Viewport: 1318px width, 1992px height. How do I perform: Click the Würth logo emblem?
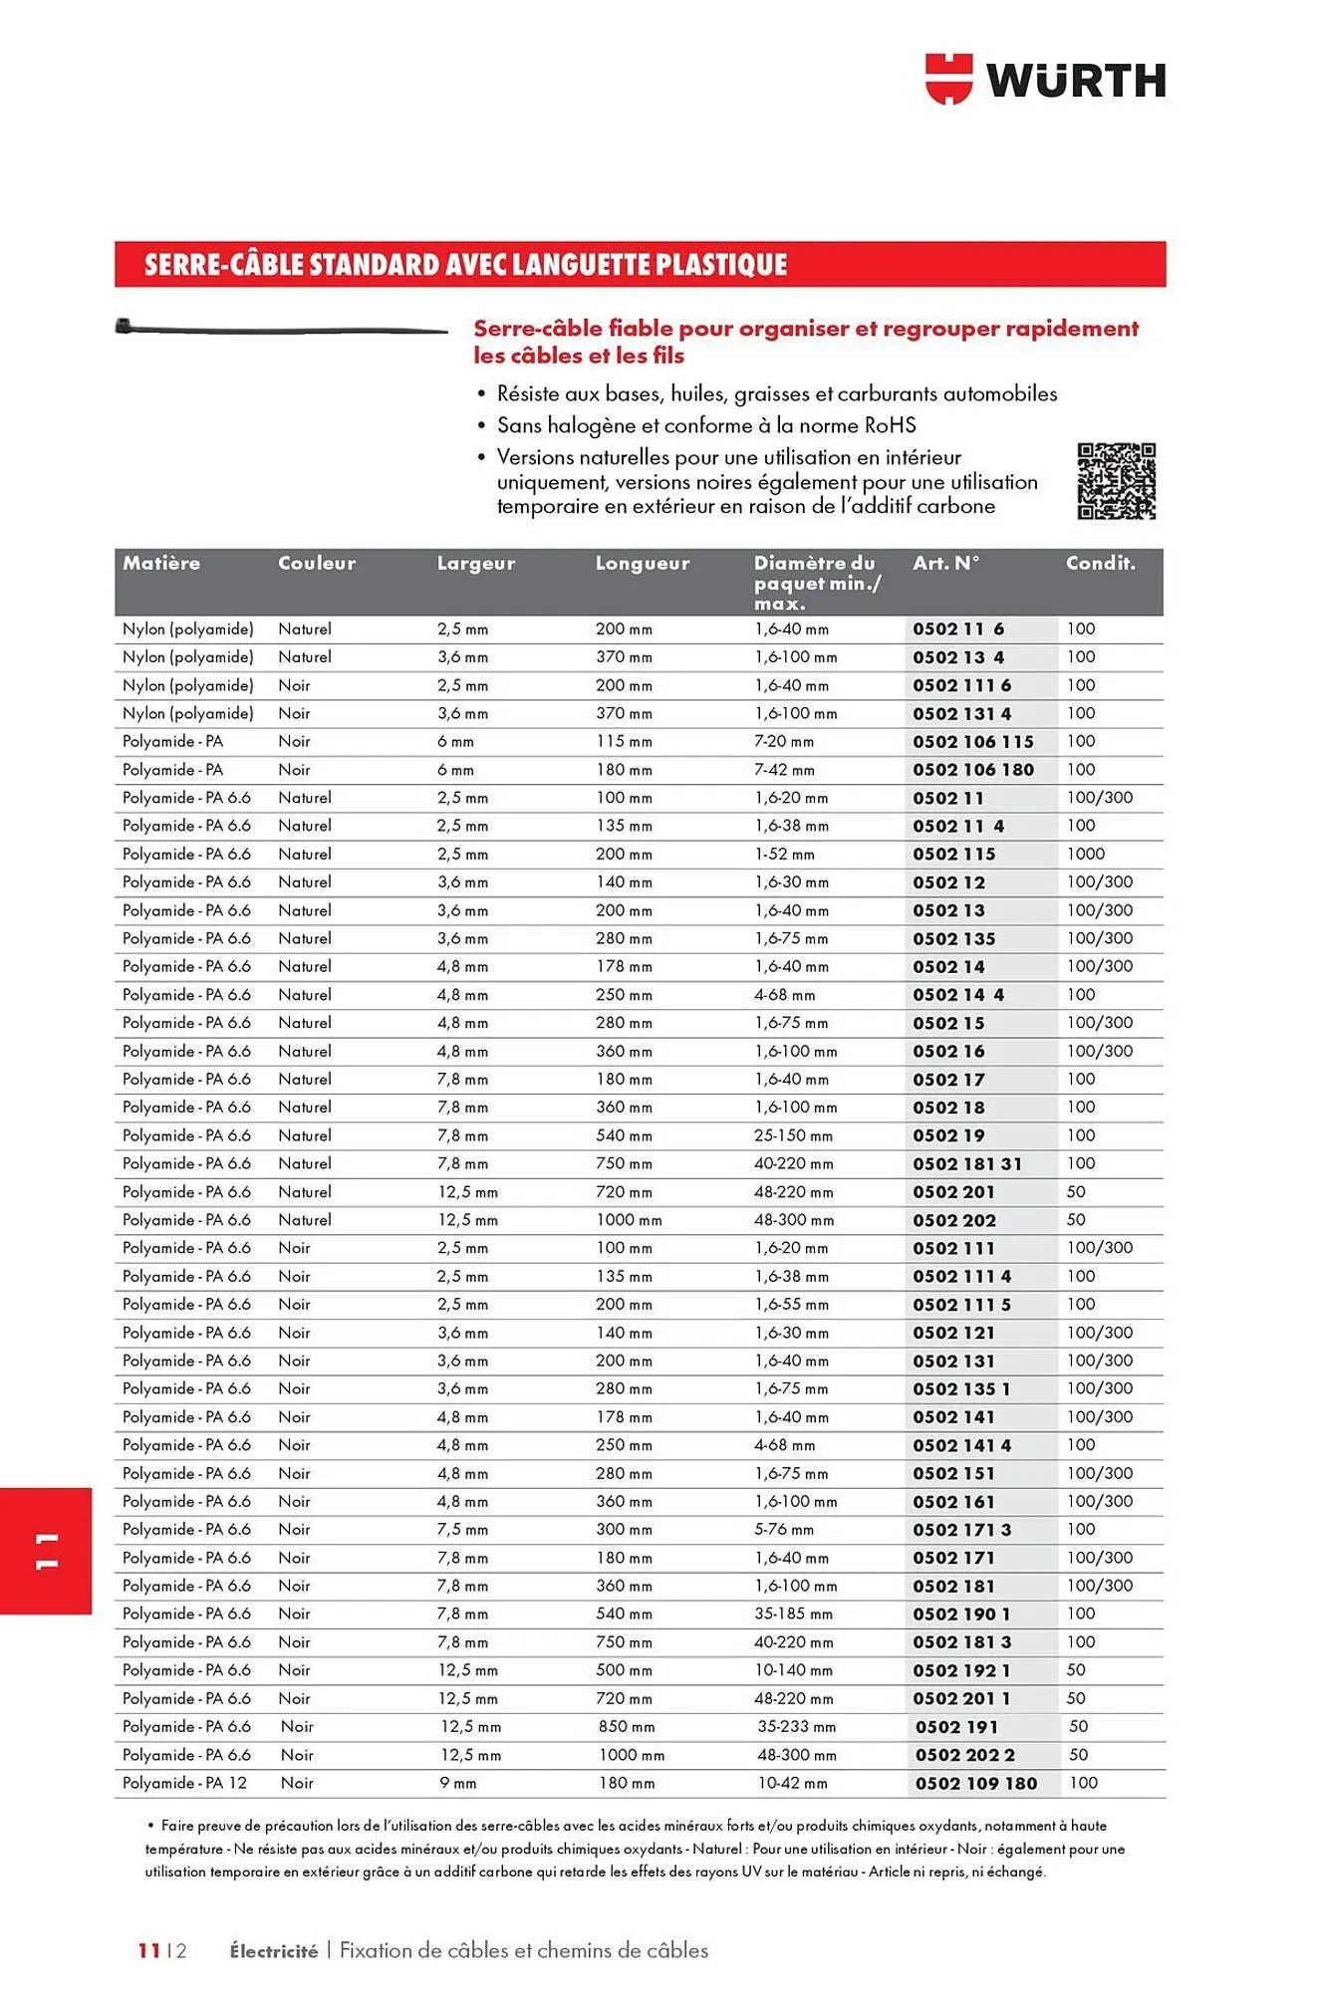tap(947, 79)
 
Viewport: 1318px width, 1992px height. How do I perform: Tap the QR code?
tap(1116, 481)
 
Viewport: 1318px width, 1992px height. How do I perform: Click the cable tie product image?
tap(281, 328)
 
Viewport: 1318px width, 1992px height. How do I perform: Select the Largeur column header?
tap(476, 564)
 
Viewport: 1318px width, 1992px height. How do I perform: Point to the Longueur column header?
tap(643, 564)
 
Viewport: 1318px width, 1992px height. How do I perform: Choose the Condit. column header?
tap(1100, 564)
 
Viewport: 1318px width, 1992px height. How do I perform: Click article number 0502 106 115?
tap(973, 742)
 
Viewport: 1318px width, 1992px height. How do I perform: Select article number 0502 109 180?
tap(976, 1784)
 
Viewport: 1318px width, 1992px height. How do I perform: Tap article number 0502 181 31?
tap(967, 1164)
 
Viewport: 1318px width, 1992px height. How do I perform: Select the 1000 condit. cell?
tap(1086, 855)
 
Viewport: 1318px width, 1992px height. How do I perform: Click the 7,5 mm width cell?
tap(463, 1530)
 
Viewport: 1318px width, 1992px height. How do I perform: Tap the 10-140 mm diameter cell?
tap(793, 1670)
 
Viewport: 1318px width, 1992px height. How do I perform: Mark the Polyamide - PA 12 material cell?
tap(184, 1784)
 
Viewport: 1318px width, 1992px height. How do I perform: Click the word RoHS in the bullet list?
tap(890, 425)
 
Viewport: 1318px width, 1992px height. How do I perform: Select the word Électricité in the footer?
tap(273, 1951)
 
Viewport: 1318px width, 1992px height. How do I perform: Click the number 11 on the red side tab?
tap(46, 1551)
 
